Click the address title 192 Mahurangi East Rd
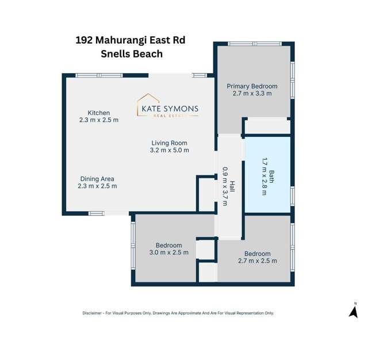(131, 40)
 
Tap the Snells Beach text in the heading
(131, 53)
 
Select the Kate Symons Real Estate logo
(167, 106)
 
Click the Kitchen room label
(98, 113)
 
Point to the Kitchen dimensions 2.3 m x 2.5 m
(98, 120)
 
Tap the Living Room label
(170, 143)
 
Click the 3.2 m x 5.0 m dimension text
(170, 150)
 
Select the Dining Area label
(97, 179)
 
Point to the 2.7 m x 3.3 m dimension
(252, 93)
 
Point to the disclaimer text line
(178, 313)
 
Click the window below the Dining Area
(96, 213)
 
